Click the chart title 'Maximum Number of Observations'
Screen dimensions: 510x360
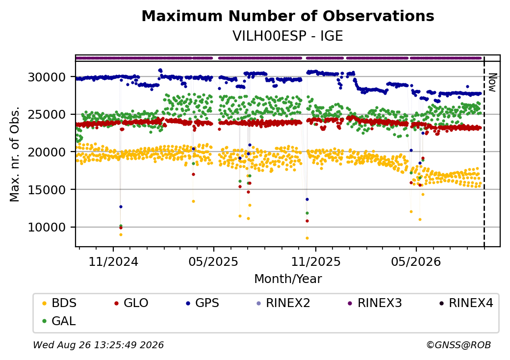pyautogui.click(x=288, y=16)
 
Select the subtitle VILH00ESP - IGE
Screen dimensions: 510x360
pyautogui.click(x=288, y=36)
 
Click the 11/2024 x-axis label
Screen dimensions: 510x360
pyautogui.click(x=113, y=261)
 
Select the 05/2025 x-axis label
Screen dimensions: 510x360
pyautogui.click(x=213, y=261)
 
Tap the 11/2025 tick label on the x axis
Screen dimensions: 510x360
pyautogui.click(x=315, y=261)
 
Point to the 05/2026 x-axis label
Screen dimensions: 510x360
pyautogui.click(x=416, y=261)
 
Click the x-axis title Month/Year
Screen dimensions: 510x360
pyautogui.click(x=288, y=279)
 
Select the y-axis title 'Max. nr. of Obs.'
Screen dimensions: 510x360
pyautogui.click(x=15, y=154)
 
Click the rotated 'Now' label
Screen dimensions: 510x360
pyautogui.click(x=492, y=82)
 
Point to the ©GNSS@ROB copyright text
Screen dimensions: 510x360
pyautogui.click(x=459, y=345)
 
